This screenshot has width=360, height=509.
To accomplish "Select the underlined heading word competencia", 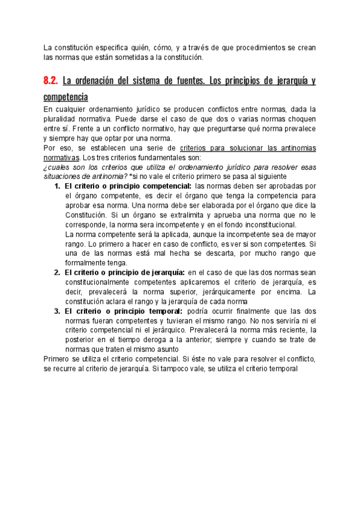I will click(66, 96).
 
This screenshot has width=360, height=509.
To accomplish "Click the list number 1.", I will click(58, 186).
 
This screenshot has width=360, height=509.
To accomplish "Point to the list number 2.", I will click(58, 273).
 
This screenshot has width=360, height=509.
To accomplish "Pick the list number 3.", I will click(58, 312).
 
